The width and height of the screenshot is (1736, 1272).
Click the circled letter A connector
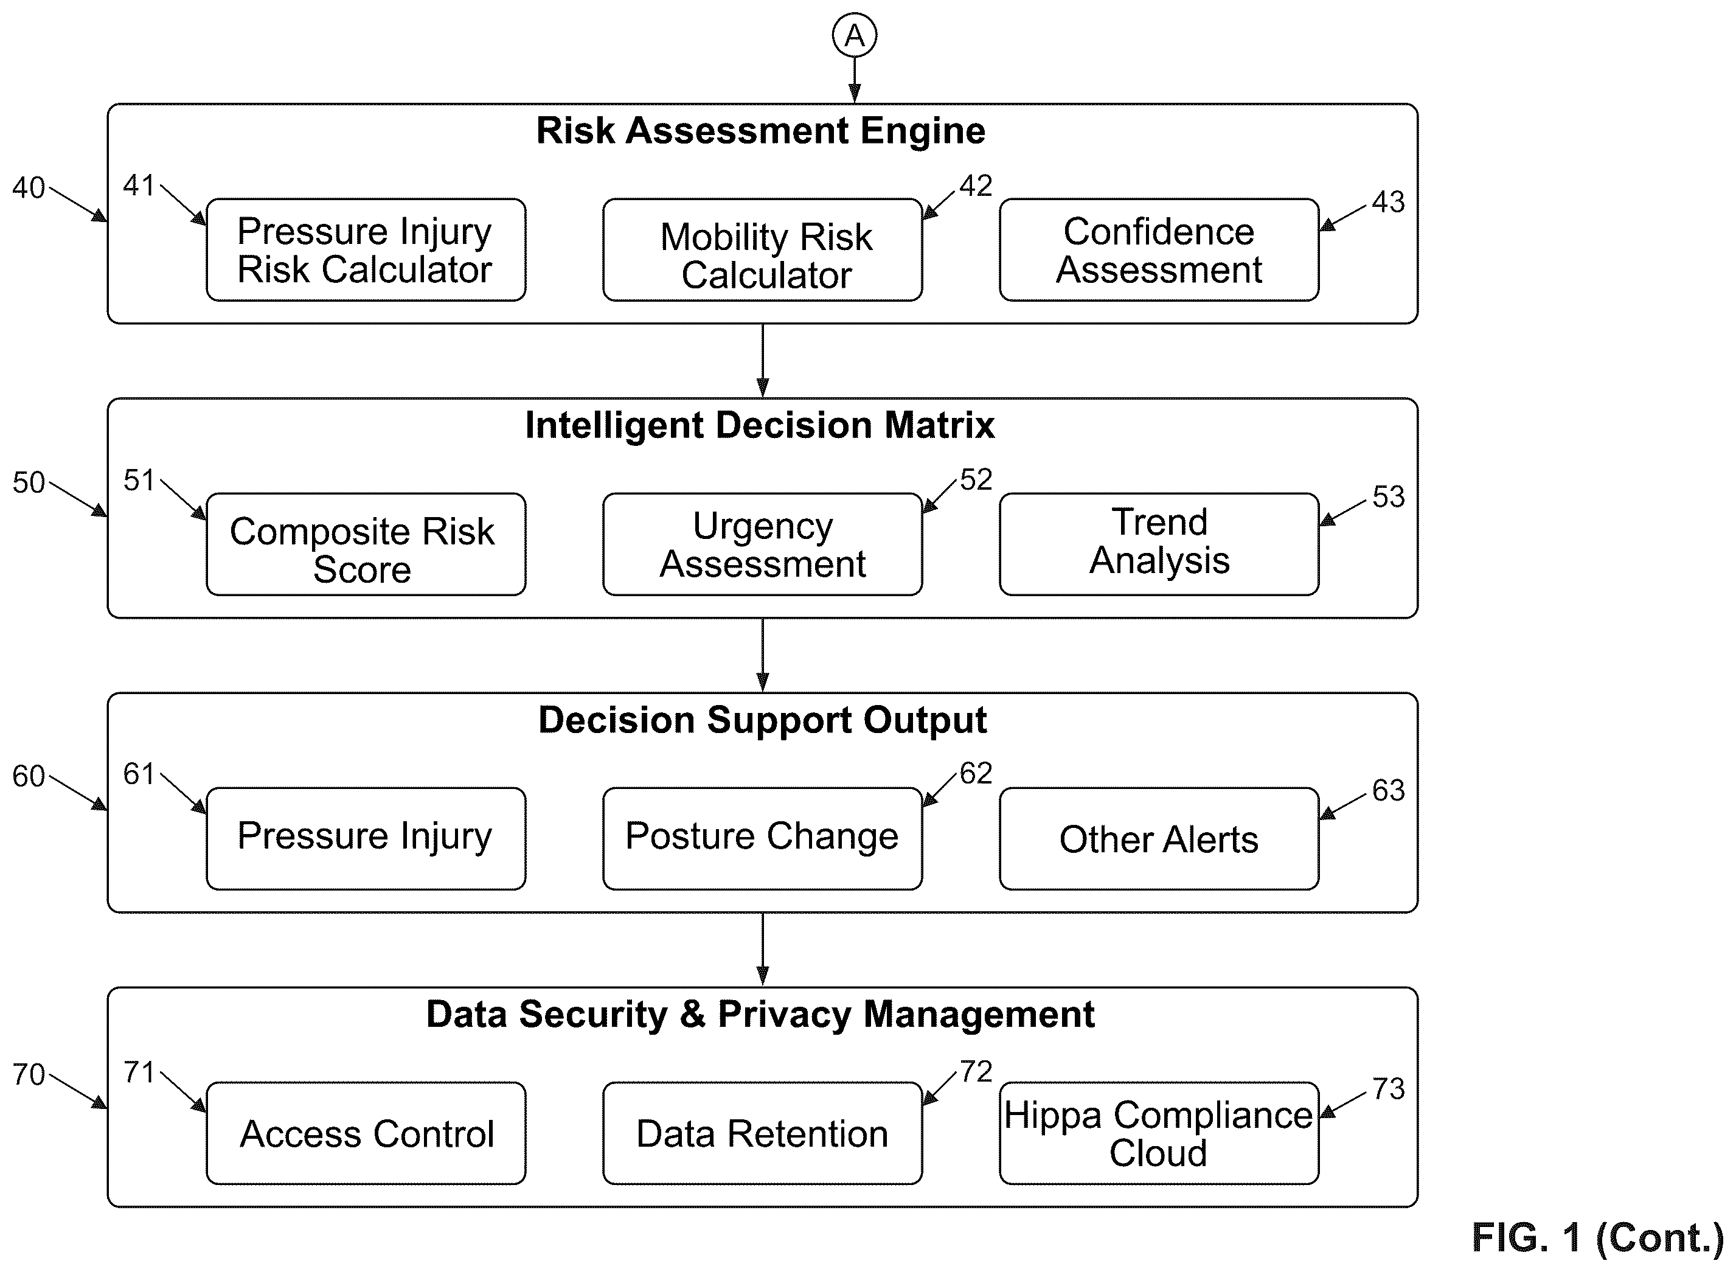pos(854,35)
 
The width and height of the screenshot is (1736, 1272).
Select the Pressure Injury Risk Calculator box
pos(366,249)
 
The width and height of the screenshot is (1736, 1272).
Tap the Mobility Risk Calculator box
pos(762,249)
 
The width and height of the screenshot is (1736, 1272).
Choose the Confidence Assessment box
pos(1159,249)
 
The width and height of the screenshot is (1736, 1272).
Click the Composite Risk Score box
pos(366,544)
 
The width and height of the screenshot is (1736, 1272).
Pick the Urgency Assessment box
pos(762,544)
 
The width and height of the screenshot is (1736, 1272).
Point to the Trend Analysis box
pos(1159,544)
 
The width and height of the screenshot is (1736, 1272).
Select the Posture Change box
pos(762,838)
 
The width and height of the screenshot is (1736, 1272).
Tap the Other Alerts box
pos(1159,838)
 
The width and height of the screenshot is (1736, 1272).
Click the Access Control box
pos(366,1133)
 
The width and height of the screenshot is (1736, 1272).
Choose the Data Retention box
pos(762,1133)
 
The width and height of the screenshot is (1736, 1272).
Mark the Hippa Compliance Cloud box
pos(1159,1133)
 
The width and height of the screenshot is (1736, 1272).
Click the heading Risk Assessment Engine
pos(760,131)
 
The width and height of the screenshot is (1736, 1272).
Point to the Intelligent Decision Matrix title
pos(760,425)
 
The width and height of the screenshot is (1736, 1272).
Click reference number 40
pos(29,188)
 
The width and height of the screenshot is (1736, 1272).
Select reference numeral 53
pos(1389,496)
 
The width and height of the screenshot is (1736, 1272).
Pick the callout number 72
pos(976,1072)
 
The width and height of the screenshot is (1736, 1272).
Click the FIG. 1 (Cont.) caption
pos(1598,1238)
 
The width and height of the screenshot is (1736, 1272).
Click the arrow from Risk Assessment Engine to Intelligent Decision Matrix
pos(762,360)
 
